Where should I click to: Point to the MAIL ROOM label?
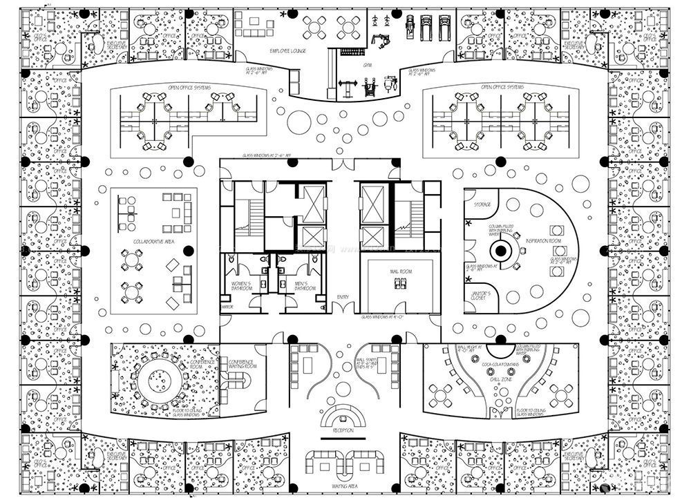[400, 272]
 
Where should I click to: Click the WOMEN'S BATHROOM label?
[239, 285]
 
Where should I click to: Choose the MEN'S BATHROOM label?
[305, 285]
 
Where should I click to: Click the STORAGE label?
[482, 205]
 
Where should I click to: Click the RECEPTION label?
[343, 430]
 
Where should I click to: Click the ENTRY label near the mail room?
[343, 297]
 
